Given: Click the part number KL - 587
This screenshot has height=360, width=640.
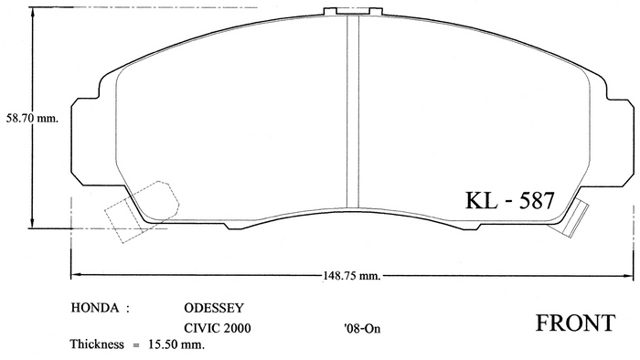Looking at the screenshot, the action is pyautogui.click(x=510, y=200).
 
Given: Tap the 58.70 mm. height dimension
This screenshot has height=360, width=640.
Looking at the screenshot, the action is pyautogui.click(x=32, y=118).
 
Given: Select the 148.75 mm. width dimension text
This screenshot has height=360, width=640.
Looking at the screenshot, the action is pyautogui.click(x=352, y=276).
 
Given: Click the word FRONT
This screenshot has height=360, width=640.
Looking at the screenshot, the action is pyautogui.click(x=575, y=323).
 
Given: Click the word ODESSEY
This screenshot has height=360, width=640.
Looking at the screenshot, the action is pyautogui.click(x=214, y=308).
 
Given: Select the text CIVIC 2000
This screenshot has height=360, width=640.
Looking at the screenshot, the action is pyautogui.click(x=218, y=328).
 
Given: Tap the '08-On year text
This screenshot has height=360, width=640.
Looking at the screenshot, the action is pyautogui.click(x=362, y=328).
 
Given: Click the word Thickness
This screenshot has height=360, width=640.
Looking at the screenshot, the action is pyautogui.click(x=97, y=344).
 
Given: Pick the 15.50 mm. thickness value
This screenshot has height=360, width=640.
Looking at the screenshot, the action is pyautogui.click(x=176, y=344).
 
